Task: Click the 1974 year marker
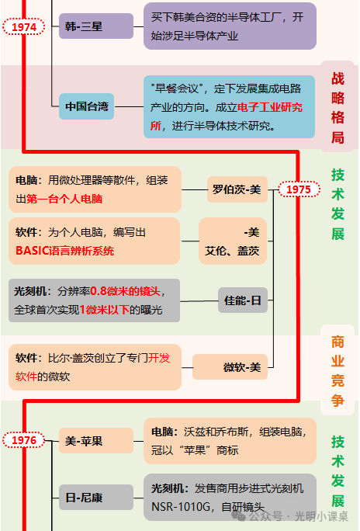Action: (24, 26)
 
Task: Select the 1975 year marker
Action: (299, 189)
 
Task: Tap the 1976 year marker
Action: (24, 440)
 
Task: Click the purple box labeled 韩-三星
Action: (96, 26)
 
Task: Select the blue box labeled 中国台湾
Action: (86, 106)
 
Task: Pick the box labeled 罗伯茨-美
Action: (237, 189)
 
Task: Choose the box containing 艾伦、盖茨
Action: (233, 241)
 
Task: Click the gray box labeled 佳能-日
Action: (243, 300)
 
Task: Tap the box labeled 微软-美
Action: (230, 367)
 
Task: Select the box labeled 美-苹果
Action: (96, 441)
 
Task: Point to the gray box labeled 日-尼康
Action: (96, 497)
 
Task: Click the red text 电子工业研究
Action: (270, 107)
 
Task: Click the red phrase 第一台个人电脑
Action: (64, 199)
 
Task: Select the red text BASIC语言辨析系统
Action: (64, 251)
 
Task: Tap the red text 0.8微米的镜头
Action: (125, 291)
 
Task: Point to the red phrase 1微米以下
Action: (105, 310)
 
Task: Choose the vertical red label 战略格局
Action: (337, 108)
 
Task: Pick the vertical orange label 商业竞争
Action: (337, 371)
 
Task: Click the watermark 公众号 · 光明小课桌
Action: (299, 516)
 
